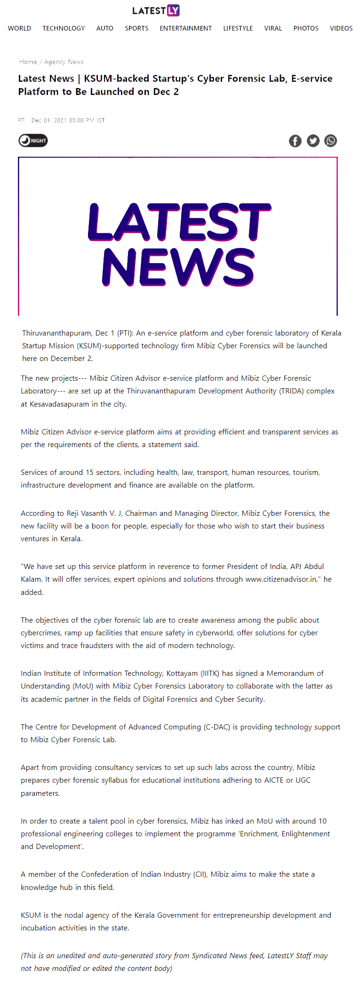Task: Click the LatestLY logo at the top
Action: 156,10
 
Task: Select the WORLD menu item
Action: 20,28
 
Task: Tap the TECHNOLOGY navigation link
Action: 64,28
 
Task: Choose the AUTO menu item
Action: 104,28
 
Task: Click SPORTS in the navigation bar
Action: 136,28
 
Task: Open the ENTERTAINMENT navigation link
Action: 185,28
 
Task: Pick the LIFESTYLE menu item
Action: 238,28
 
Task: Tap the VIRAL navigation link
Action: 273,28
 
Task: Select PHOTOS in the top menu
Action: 306,28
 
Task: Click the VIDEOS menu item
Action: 341,28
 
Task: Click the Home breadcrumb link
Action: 28,62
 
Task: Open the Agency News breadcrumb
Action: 64,62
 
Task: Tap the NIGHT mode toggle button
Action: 33,140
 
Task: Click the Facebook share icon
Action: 295,141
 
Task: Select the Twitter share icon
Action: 313,141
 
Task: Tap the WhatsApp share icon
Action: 331,141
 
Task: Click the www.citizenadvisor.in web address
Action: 281,579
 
